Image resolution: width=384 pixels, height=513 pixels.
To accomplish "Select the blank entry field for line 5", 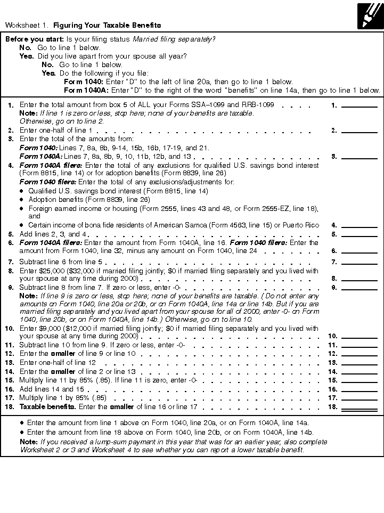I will click(359, 234).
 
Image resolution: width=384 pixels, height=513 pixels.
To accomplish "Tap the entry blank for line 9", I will click(359, 287).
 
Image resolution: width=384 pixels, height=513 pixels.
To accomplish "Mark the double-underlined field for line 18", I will click(359, 407).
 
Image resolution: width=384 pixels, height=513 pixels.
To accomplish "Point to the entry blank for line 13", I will click(359, 362).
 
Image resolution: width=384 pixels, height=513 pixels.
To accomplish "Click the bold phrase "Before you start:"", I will click(34, 39).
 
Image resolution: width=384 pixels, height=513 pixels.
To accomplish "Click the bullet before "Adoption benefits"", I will click(22, 200).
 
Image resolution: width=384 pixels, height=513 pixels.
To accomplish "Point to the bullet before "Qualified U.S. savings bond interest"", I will click(22, 191).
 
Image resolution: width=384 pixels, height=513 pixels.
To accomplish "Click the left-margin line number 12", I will click(10, 354).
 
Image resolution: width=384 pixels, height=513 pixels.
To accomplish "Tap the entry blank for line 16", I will click(359, 389).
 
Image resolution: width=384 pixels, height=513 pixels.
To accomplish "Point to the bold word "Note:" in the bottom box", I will click(29, 442).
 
